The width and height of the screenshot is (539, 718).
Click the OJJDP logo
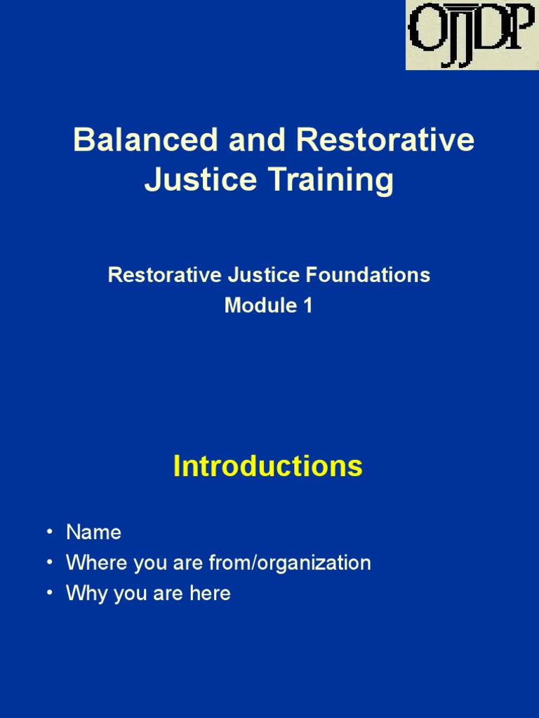click(472, 35)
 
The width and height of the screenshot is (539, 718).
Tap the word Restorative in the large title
click(385, 140)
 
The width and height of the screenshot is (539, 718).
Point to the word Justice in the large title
click(190, 179)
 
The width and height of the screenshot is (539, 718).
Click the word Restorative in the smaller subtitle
click(165, 275)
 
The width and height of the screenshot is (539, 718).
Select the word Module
click(256, 306)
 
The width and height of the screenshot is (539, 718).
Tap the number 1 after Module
click(307, 306)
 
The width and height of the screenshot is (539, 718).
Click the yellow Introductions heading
click(267, 466)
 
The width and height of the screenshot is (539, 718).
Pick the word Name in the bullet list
click(93, 532)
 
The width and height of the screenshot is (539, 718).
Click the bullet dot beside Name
click(49, 532)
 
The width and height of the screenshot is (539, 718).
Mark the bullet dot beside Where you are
click(49, 562)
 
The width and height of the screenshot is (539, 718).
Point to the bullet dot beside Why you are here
click(49, 593)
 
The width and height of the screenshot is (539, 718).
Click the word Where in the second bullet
click(90, 562)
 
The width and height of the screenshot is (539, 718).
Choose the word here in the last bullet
click(210, 593)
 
